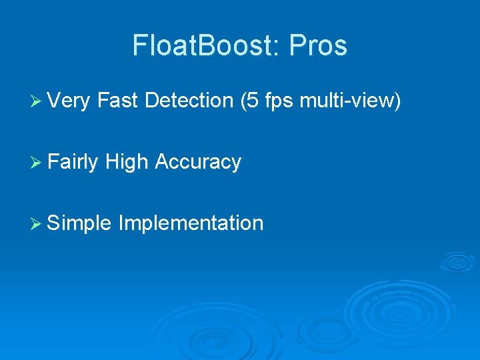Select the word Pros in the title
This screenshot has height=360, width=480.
tap(321, 46)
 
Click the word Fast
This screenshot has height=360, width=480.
tap(117, 101)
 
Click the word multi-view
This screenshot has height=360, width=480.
tap(347, 101)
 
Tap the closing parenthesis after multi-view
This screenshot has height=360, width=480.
tap(397, 101)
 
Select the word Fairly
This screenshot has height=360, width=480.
tap(73, 162)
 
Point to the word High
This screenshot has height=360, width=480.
tap(127, 162)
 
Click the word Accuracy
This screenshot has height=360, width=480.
tap(197, 162)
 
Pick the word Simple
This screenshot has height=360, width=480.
tap(79, 223)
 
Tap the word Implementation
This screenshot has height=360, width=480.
tap(191, 223)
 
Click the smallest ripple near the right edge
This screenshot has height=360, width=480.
tap(457, 261)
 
